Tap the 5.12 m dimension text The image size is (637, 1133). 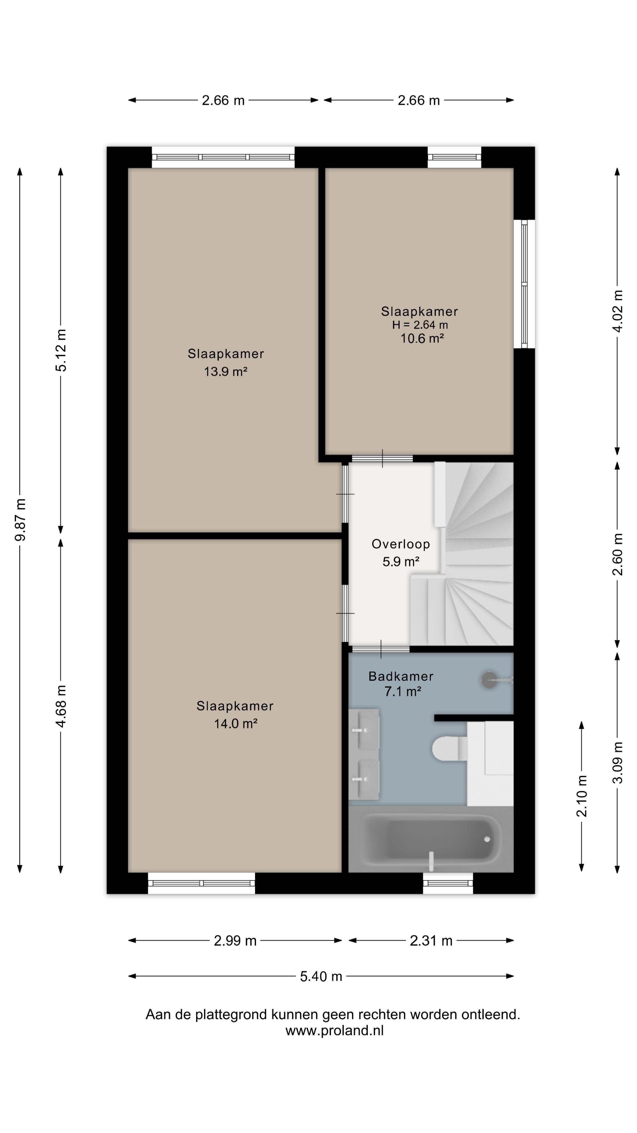pyautogui.click(x=61, y=350)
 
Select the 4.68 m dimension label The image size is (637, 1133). pyautogui.click(x=61, y=706)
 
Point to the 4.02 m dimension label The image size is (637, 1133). pyautogui.click(x=617, y=311)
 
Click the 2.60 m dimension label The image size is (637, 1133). pyautogui.click(x=617, y=554)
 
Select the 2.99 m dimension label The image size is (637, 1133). pyautogui.click(x=235, y=941)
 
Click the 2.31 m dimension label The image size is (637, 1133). pyautogui.click(x=431, y=941)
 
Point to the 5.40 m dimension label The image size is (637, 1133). pyautogui.click(x=321, y=976)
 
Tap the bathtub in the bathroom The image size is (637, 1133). pyautogui.click(x=431, y=839)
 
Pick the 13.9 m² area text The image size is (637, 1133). pyautogui.click(x=226, y=372)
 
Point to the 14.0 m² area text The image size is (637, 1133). pyautogui.click(x=236, y=723)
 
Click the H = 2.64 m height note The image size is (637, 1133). pyautogui.click(x=420, y=325)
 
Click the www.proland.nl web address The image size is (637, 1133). pyautogui.click(x=334, y=1031)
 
